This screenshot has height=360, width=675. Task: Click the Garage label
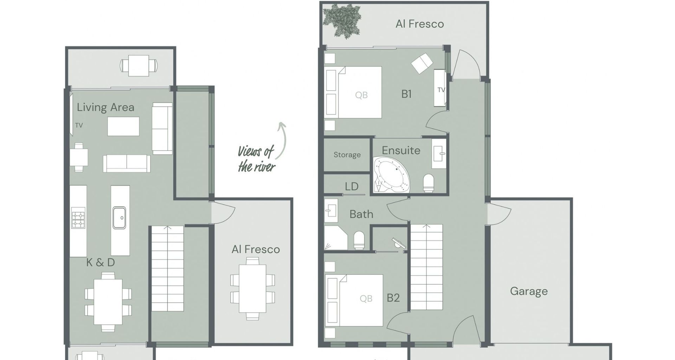pos(529,291)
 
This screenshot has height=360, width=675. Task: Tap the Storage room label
pos(347,155)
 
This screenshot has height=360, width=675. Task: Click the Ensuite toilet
pos(428,183)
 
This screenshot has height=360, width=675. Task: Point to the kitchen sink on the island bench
pos(119,218)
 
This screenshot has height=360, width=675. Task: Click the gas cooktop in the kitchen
pos(78,218)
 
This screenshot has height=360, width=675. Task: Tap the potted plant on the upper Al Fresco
pos(342,21)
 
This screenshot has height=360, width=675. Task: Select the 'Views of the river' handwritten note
pos(256,159)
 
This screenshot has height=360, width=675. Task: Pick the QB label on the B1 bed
pos(361,95)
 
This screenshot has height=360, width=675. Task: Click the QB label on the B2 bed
pos(366,298)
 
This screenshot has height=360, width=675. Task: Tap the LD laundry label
pos(352,187)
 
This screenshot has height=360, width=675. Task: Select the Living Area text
pos(105,107)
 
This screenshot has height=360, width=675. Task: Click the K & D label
pos(101,263)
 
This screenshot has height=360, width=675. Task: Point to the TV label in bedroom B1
pos(441,90)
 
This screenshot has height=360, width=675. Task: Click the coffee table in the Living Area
pos(123,127)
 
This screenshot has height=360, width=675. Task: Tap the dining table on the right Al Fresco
pos(252,289)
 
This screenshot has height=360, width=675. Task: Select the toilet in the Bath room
pos(359,240)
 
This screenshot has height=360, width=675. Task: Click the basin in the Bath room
pos(331,211)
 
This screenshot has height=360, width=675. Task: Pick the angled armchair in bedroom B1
pos(422,63)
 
